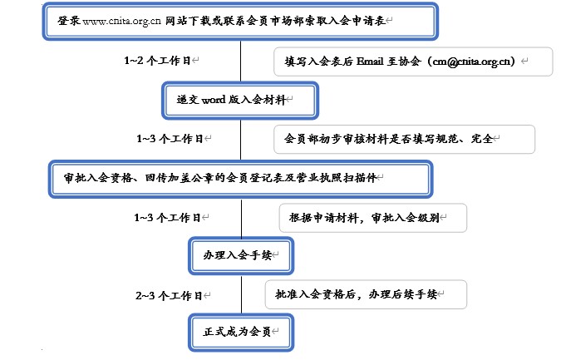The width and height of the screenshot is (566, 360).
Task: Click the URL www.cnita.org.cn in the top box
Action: coord(121,21)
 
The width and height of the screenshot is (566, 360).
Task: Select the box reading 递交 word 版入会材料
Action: coord(240,101)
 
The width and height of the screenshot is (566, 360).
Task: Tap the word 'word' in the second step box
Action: coord(214,100)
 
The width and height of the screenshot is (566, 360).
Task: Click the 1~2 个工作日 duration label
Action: coord(157,61)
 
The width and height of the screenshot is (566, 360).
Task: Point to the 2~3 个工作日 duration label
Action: coord(169,296)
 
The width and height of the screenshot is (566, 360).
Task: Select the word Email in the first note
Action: coord(370,62)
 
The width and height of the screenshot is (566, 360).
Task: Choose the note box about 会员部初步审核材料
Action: coord(404,139)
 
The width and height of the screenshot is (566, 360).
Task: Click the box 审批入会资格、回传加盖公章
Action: coord(241,179)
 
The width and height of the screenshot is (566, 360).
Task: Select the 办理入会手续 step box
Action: coord(241,255)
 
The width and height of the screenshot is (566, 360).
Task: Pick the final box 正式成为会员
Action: coord(241,333)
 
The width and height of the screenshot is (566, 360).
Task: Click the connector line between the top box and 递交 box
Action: coord(241,61)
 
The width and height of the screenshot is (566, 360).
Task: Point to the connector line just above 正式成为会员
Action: coord(242,294)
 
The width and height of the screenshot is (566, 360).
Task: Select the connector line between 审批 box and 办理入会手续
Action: coord(242,217)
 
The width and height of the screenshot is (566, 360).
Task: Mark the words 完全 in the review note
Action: coord(482,139)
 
